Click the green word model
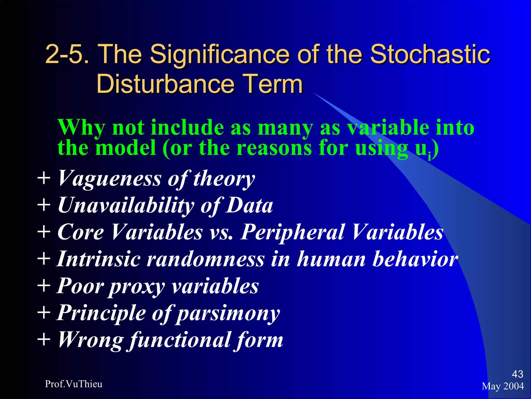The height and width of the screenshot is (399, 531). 126,148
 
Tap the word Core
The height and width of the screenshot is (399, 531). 81,232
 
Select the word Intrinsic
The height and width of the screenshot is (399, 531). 99,259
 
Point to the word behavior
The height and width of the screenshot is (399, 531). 415,259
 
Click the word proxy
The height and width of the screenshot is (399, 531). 136,287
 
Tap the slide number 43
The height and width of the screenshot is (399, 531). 517,374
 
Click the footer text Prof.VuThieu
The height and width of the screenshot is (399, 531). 74,384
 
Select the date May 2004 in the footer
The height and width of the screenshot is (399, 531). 503,386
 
